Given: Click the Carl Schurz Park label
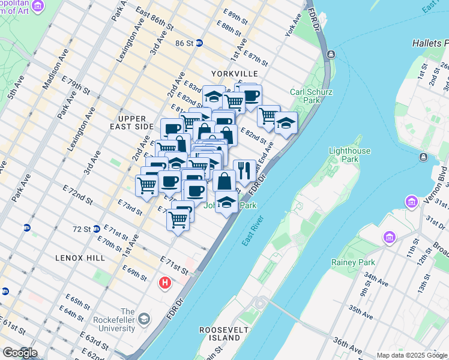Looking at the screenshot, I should pos(312,96).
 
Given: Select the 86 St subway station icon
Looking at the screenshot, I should pos(199,43).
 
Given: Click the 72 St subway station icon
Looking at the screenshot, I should pos(97,229).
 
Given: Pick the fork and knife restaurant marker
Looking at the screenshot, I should pos(244,171).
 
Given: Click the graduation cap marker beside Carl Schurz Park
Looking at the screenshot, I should pos(286,124).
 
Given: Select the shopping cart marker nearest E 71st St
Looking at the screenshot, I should pos(178,220).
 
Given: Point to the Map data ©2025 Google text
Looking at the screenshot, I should pos(411,355).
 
